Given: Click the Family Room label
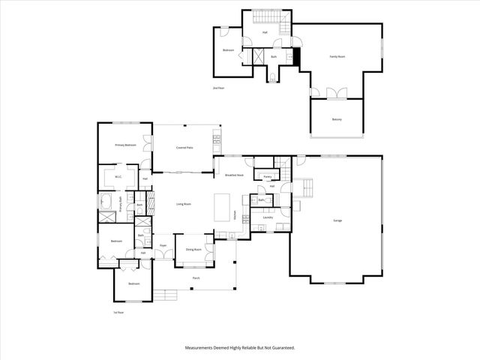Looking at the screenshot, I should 337,56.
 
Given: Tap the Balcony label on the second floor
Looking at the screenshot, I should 337,120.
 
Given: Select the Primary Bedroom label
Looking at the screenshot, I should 125,145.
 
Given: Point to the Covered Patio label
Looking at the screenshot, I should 184,148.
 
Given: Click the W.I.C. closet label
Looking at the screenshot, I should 118,176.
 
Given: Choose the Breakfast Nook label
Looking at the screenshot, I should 234,175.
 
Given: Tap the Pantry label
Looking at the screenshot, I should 267,177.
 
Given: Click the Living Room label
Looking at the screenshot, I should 184,204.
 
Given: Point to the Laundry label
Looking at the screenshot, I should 268,217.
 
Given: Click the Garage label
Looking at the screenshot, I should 338,220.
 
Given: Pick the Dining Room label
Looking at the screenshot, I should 191,248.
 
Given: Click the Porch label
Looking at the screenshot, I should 196,277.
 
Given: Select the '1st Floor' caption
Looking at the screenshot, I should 118,313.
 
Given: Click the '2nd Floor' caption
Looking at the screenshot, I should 218,88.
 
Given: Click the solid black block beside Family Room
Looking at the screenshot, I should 296,56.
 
